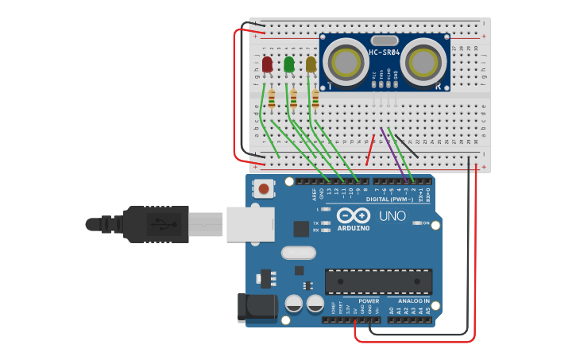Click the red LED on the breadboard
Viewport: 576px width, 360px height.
coord(268,64)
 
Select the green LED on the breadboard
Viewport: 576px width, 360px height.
coord(289,64)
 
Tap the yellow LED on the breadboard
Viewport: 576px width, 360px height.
coord(311,64)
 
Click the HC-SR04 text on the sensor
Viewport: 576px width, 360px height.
coord(384,52)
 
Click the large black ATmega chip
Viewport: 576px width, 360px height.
coord(378,281)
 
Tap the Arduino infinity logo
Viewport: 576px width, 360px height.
coord(353,215)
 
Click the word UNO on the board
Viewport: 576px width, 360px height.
coord(391,216)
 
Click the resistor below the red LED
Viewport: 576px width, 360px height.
coord(272,99)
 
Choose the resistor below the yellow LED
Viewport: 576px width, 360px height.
coord(315,99)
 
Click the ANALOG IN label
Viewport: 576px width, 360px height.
coord(413,301)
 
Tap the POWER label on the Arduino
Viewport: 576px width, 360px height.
coord(369,301)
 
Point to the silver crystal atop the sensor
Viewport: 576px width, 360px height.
coord(384,40)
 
